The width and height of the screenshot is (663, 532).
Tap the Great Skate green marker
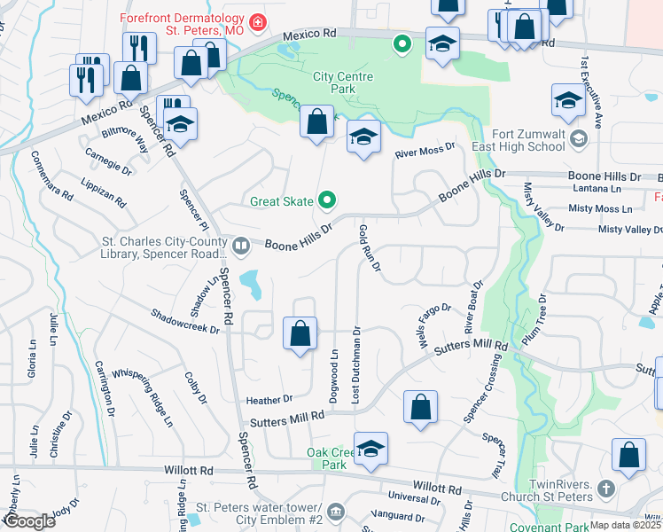pos(326,201)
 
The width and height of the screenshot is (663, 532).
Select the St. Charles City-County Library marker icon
pos(240,243)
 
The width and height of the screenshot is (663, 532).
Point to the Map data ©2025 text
pos(625,525)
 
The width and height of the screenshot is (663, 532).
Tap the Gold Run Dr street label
pos(369,248)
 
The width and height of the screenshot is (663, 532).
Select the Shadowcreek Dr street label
pos(184,322)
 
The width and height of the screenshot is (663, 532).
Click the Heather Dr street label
pos(269,400)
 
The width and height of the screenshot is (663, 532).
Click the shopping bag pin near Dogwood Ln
pos(300,334)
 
